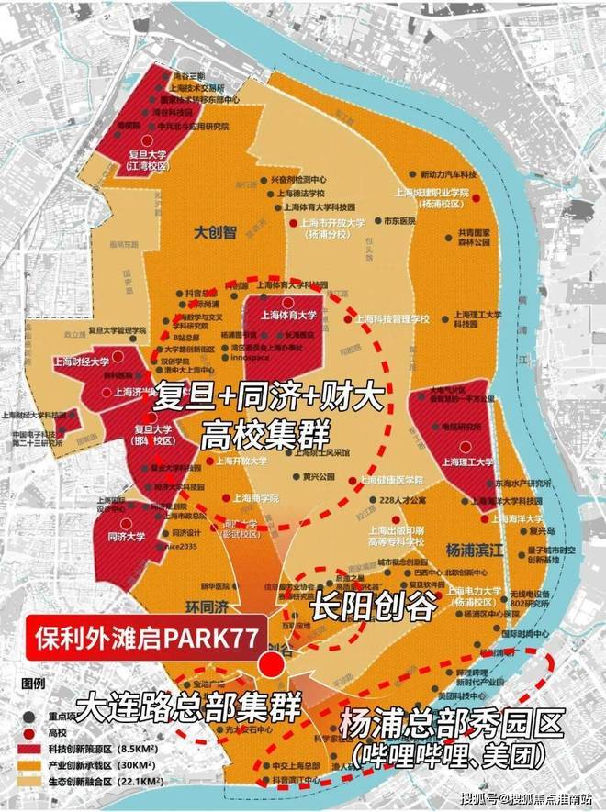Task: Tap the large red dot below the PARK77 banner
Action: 271,666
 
